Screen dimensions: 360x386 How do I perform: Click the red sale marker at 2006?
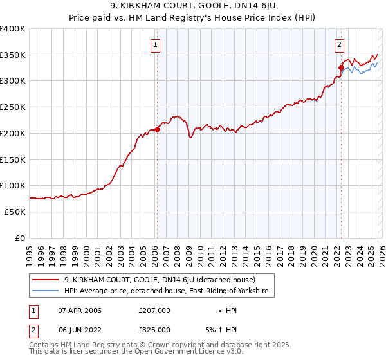coord(157,129)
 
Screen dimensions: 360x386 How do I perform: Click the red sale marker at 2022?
coord(341,67)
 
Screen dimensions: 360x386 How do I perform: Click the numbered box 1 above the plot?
coord(156,45)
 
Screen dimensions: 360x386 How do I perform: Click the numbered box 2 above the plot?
coord(339,45)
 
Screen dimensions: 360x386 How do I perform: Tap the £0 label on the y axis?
coord(19,238)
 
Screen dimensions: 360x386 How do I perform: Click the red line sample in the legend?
coord(46,280)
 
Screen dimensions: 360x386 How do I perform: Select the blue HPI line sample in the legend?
coord(46,291)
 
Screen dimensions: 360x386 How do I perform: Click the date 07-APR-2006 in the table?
coord(80,310)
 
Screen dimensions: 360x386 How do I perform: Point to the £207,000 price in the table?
coord(154,310)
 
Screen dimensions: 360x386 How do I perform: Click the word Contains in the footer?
coord(44,345)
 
